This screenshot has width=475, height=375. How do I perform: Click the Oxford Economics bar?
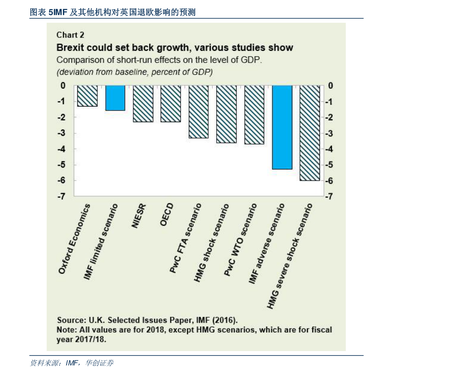click(87, 96)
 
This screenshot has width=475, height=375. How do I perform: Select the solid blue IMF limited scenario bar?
click(115, 98)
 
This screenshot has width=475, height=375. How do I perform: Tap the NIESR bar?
click(143, 103)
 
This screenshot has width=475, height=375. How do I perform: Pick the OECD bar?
click(171, 103)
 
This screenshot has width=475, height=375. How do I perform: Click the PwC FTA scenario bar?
click(199, 112)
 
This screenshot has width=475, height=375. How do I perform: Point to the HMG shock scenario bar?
click(227, 114)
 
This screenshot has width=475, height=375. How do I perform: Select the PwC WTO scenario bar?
click(254, 114)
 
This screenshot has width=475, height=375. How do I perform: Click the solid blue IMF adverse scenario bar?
click(282, 127)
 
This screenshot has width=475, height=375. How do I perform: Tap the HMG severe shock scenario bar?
click(310, 133)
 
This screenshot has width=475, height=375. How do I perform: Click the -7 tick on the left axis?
click(61, 197)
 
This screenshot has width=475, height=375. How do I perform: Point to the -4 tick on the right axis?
click(330, 149)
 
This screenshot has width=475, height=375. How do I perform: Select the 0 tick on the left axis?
click(63, 86)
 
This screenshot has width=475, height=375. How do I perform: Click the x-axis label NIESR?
click(139, 216)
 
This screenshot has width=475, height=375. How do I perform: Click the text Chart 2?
click(70, 35)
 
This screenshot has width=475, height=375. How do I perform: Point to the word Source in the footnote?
click(70, 320)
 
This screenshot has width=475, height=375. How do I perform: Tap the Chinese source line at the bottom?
click(72, 363)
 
